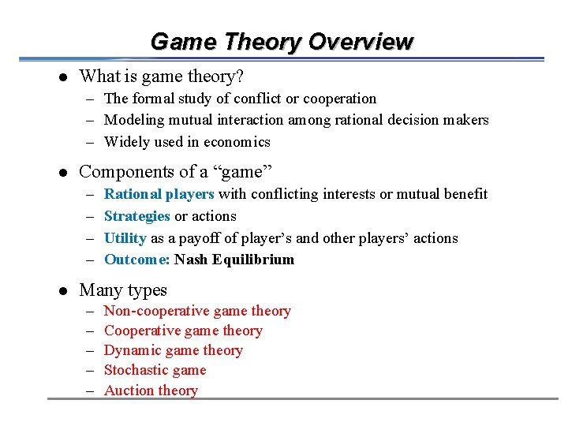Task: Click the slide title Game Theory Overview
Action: click(x=282, y=41)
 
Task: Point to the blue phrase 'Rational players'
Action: click(x=159, y=194)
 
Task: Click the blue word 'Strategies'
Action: click(x=136, y=216)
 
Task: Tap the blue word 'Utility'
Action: click(x=125, y=238)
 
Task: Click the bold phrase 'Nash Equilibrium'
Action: click(x=234, y=260)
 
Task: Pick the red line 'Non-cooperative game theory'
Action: click(x=197, y=312)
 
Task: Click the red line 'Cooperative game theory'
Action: click(x=183, y=331)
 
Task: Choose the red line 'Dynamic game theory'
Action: click(x=173, y=351)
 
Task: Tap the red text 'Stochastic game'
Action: click(x=155, y=371)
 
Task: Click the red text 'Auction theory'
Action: click(x=151, y=390)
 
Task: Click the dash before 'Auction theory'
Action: click(x=90, y=390)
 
